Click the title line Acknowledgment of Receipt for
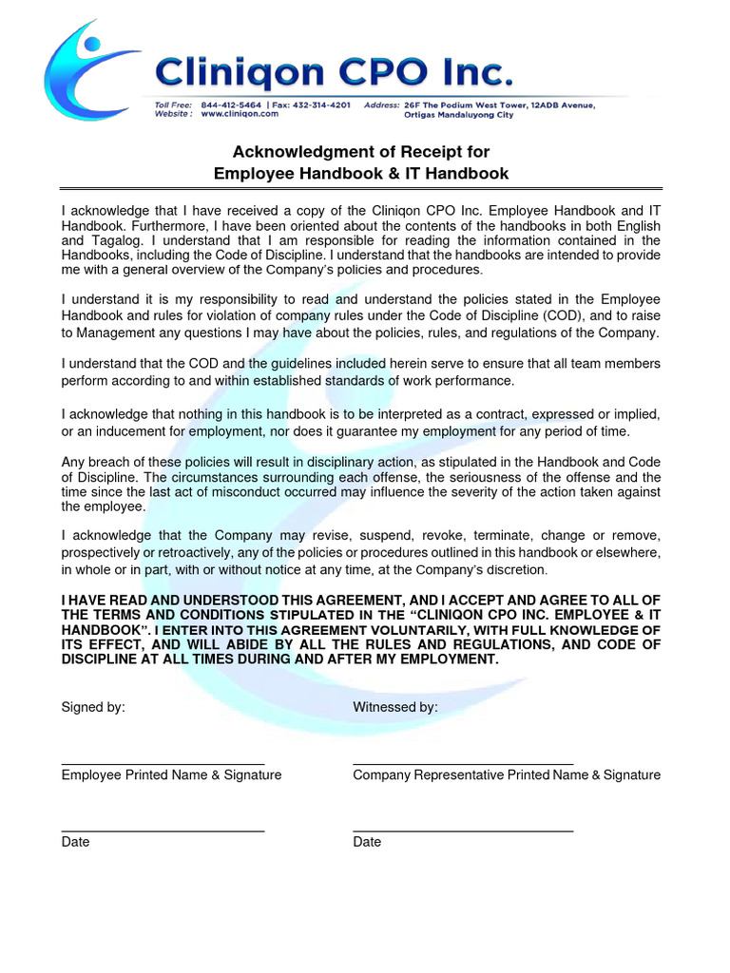tap(361, 152)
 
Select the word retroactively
tap(206, 552)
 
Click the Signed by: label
tap(93, 707)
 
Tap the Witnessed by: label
tap(395, 707)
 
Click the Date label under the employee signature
tap(76, 842)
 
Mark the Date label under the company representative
tap(367, 842)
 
